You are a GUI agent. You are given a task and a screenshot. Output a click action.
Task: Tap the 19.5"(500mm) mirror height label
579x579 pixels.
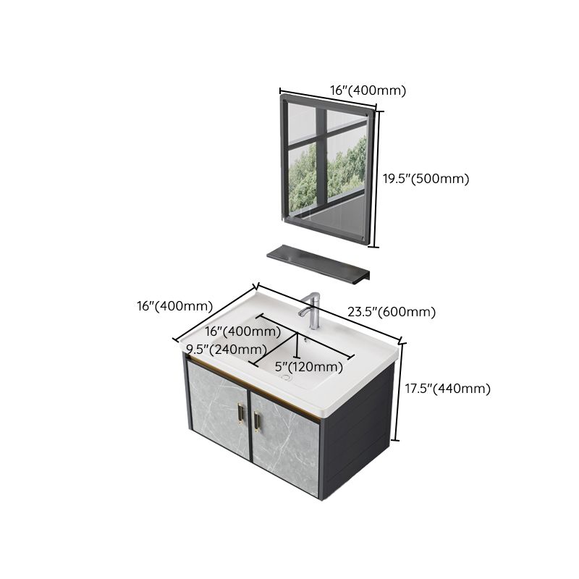point(426,179)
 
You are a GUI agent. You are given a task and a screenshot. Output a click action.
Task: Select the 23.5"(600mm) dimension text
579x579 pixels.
point(391,313)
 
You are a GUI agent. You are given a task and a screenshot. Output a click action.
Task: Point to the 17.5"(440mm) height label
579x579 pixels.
point(447,389)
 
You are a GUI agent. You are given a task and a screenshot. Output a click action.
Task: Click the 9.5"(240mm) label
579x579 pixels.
point(226,350)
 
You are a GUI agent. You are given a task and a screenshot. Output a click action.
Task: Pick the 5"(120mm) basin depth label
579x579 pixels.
point(309,366)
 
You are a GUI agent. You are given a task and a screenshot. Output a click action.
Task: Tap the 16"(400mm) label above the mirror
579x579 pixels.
point(368,90)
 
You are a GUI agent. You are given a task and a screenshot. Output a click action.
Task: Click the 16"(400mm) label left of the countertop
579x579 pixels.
point(174,306)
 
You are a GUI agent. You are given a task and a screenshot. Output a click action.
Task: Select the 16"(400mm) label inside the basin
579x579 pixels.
point(242,331)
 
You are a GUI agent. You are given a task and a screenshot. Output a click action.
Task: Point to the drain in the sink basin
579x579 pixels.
point(285,377)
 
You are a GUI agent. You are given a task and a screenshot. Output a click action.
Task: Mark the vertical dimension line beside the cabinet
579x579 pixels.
point(397,391)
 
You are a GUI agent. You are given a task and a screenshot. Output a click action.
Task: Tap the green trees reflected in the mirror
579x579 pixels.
point(346,166)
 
